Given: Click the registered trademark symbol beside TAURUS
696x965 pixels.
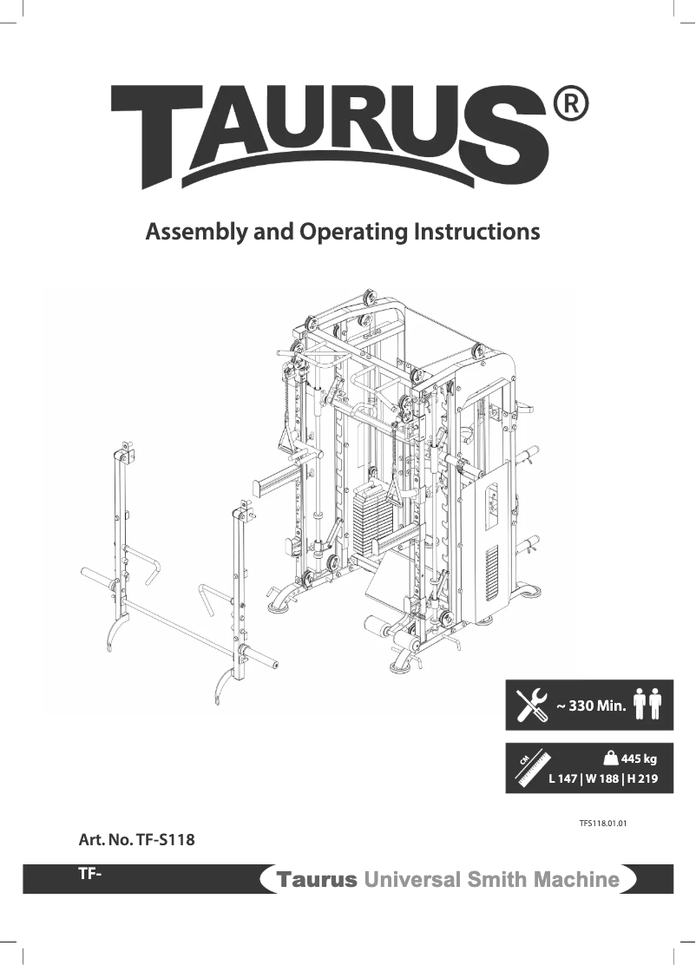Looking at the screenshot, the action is coord(571,105).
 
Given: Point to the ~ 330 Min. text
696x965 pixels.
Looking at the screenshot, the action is coord(591,706).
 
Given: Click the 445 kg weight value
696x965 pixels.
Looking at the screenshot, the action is coord(639,758).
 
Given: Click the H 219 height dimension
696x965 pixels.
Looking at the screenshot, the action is coord(642,778).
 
